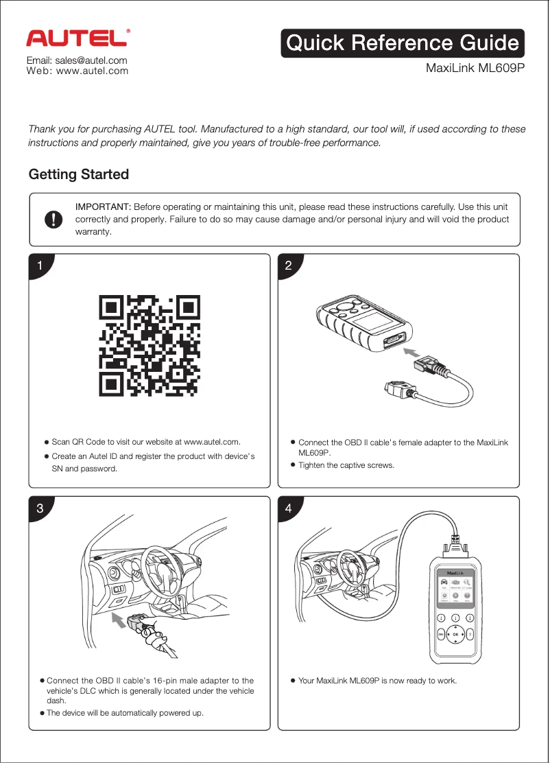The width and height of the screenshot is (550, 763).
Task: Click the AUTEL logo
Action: coord(77,38)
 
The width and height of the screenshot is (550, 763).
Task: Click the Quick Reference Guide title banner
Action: coord(403,43)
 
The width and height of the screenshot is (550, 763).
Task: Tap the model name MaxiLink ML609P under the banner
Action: coord(475,69)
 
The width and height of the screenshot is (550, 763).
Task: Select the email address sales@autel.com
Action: coord(76,60)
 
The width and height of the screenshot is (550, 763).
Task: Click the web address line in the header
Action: coord(77,71)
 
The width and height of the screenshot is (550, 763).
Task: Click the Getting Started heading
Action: coord(78,174)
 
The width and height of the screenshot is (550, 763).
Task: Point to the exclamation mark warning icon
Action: coord(53,219)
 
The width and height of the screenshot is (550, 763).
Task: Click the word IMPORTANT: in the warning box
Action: coord(103,207)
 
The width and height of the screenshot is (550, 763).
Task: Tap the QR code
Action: coord(150,346)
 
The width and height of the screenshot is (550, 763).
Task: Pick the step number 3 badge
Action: coord(40,508)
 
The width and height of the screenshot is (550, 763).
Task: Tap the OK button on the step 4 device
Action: coord(455,634)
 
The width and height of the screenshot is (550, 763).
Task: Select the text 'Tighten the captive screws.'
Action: coord(346,465)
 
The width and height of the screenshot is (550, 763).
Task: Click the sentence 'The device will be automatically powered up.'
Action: coord(125,713)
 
